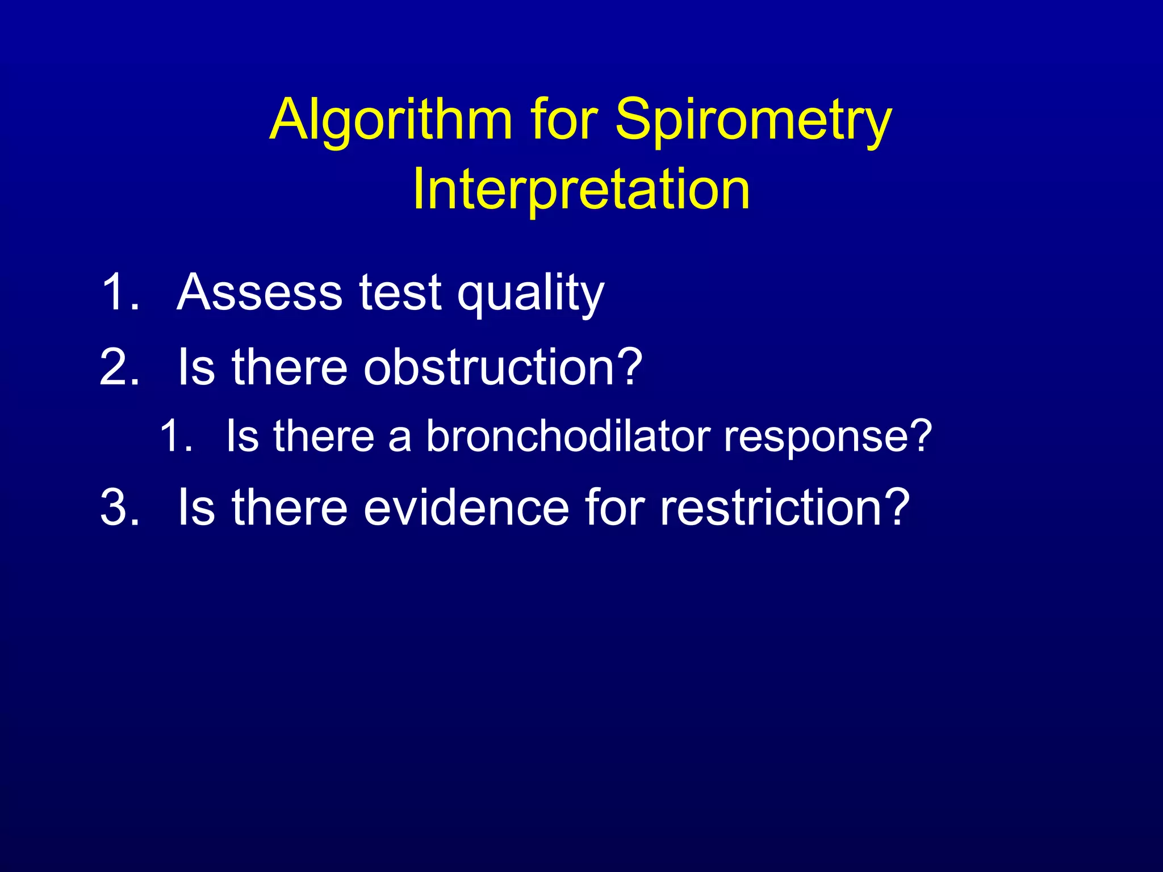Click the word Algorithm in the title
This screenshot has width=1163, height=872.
point(391,120)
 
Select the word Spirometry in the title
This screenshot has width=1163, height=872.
point(754,120)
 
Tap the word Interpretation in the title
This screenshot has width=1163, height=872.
point(581,190)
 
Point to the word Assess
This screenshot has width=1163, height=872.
point(259,292)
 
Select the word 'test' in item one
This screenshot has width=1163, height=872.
point(400,292)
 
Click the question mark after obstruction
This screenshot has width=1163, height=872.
point(629,367)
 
